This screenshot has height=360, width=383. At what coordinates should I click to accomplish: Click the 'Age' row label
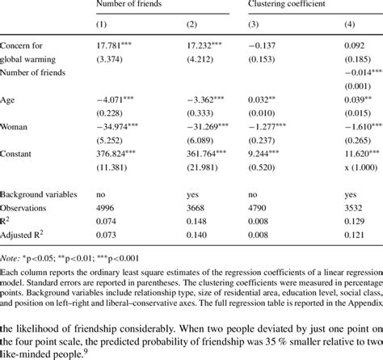[x=7, y=100]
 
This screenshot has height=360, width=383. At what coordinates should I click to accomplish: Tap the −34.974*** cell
[x=117, y=127]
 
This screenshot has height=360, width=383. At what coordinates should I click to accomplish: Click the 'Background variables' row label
[x=39, y=195]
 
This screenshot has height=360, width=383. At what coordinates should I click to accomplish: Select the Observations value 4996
[x=107, y=208]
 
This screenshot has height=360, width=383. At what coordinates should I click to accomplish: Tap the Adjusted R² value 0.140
[x=197, y=235]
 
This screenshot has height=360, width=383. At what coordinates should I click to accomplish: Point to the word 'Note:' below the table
[x=11, y=259]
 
